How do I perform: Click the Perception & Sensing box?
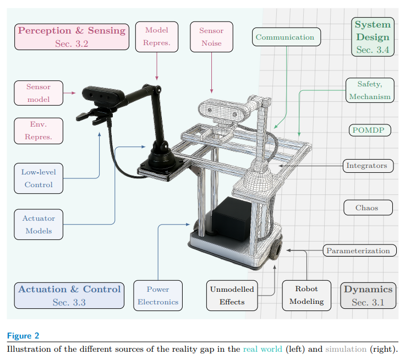pos(72,37)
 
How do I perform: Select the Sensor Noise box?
pos(211,37)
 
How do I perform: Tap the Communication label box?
pos(284,37)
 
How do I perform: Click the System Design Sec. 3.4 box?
pos(373,37)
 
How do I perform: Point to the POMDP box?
pos(370,130)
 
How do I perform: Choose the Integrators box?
pos(366,165)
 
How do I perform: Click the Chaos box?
pos(368,208)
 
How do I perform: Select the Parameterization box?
pos(358,250)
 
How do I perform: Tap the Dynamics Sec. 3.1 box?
pos(368,296)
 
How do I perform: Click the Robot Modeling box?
pos(307,295)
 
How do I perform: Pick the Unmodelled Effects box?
pos(232,295)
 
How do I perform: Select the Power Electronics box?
pos(158,295)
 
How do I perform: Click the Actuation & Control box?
pos(69,296)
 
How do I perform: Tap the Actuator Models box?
pos(39,225)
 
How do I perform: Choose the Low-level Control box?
pos(39,178)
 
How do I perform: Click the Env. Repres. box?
pos(39,130)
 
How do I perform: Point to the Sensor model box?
pos(39,93)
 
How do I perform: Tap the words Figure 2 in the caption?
pos(23,336)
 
